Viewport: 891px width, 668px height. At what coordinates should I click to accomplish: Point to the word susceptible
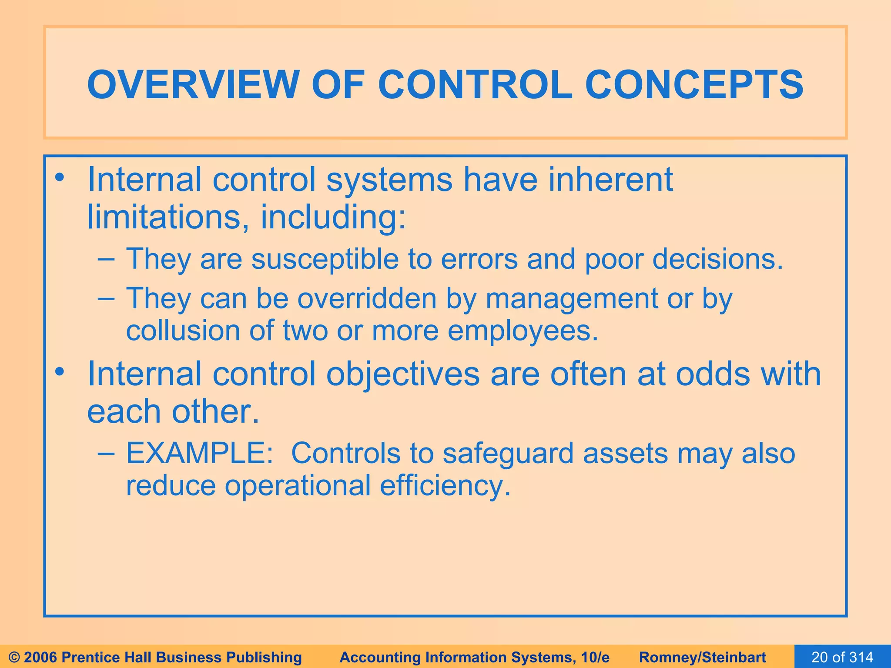coord(325,259)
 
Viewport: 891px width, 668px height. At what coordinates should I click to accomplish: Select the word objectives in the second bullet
coord(402,374)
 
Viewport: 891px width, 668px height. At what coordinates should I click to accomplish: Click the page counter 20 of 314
coord(842,657)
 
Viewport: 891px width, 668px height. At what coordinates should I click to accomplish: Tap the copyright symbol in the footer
coord(14,657)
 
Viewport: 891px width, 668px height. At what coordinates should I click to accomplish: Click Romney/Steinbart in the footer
coord(702,657)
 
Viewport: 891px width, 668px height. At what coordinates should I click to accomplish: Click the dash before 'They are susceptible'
coord(107,260)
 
